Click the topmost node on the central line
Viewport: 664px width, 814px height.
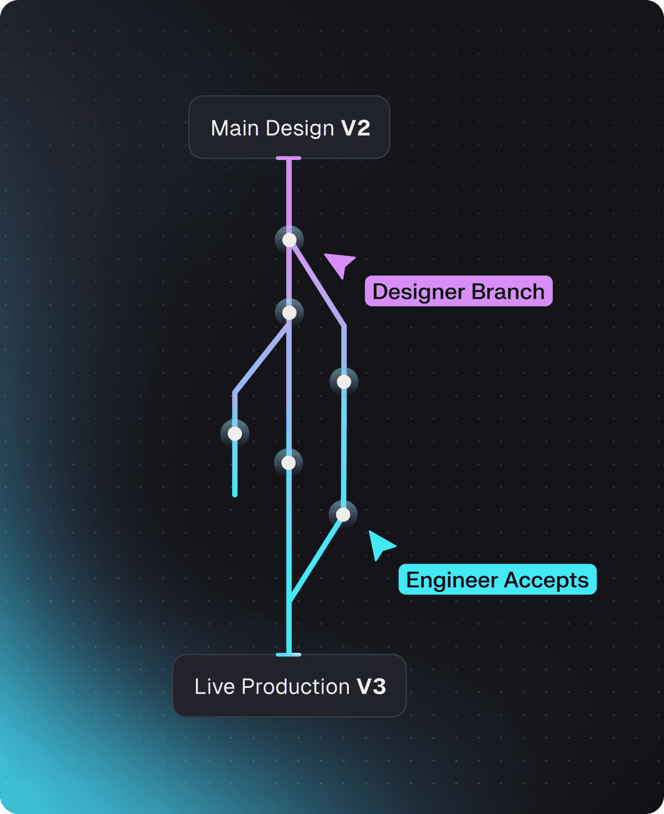289,240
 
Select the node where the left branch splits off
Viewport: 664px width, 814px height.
289,313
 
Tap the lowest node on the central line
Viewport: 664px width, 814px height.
288,463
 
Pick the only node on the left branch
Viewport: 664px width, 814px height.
235,434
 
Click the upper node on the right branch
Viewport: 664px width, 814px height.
344,382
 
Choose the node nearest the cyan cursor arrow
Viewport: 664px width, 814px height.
343,515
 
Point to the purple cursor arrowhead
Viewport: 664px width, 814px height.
341,263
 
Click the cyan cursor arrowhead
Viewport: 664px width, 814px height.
380,544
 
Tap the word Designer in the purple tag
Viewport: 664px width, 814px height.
418,291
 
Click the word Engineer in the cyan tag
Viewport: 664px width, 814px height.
452,580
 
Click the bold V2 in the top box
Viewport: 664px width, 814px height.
355,128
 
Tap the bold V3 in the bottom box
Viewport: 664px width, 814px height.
371,687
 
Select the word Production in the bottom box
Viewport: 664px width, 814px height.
295,687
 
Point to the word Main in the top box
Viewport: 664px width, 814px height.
234,128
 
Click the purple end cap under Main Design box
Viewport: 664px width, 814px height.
288,158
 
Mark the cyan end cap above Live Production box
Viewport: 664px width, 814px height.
288,655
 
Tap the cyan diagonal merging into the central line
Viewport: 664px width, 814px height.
316,558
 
